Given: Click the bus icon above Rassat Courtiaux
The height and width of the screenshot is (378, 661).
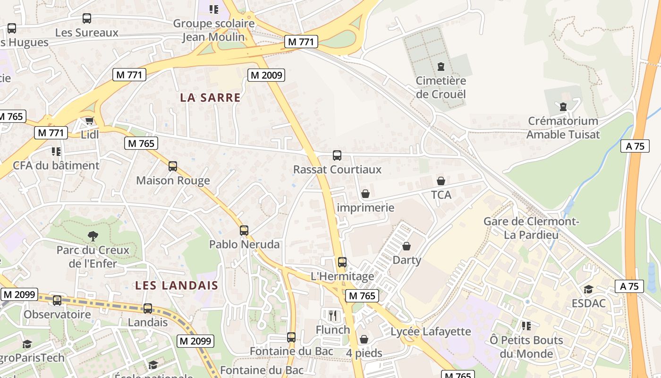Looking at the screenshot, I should tap(337, 155).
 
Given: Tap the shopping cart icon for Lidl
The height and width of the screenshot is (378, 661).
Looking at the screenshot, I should tap(90, 120).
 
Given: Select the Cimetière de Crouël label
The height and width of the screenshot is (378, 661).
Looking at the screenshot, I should tap(441, 87).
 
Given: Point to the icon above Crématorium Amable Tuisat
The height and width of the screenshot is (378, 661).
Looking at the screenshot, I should tap(563, 107).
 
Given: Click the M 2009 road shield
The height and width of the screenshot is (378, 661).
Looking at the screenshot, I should tap(266, 75).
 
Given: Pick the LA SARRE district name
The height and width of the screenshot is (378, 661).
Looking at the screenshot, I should tap(210, 98).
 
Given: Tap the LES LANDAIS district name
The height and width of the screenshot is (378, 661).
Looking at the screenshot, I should tap(177, 285).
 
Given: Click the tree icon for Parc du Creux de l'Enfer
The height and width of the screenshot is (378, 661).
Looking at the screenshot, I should tap(93, 236).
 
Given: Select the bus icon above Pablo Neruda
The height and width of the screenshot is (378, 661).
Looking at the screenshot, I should tap(244, 231).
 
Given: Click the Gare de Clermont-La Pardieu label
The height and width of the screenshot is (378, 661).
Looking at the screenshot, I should tap(531, 228).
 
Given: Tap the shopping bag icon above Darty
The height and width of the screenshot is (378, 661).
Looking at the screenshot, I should tap(407, 246).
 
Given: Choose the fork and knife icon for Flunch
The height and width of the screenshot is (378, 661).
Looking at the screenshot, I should tap(333, 315).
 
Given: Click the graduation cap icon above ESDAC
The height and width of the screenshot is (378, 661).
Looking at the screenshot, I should tap(588, 289).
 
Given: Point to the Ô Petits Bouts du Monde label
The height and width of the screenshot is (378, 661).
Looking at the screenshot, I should tap(526, 347).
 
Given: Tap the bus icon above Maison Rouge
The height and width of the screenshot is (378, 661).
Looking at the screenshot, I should tap(173, 166).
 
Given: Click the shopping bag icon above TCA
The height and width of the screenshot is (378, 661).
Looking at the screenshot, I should tap(441, 181).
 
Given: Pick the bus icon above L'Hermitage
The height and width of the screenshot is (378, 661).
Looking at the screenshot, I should tap(342, 262).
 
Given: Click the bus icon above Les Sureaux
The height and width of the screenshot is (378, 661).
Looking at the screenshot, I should tap(87, 18).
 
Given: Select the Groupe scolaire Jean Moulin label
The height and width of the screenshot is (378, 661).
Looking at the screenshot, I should tap(214, 30).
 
